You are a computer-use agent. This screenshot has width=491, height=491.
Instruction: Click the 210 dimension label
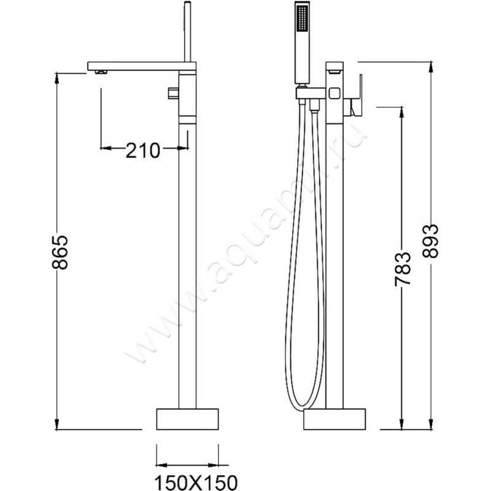[143, 150]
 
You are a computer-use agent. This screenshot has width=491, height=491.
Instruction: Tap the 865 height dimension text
[60, 252]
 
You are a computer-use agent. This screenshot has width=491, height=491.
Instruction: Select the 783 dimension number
[403, 269]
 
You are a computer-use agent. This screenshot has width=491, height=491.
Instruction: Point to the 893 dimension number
[430, 241]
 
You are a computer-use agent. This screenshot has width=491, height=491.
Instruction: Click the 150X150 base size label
[196, 482]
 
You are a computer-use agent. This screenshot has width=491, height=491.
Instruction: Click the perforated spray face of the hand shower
[302, 18]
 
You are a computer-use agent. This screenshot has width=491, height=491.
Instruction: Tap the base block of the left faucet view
[187, 419]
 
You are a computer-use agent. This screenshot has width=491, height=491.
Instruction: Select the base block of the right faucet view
[334, 419]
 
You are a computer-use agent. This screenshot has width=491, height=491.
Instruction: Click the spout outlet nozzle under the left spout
[101, 72]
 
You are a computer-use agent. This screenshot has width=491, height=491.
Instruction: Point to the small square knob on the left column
[173, 93]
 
